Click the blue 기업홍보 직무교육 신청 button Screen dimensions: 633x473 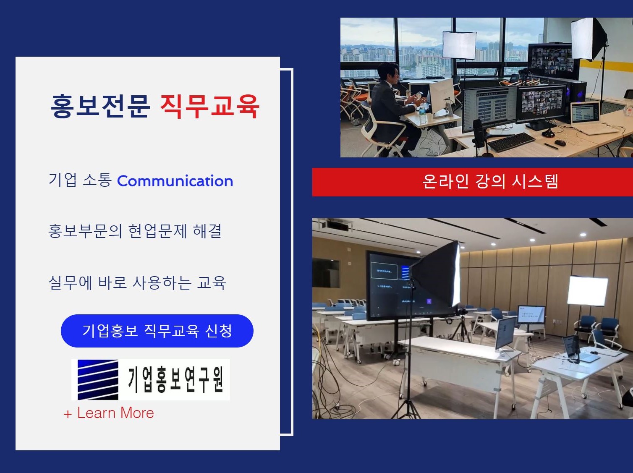click(157, 331)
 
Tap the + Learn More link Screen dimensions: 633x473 click(109, 413)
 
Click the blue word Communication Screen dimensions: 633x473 click(175, 181)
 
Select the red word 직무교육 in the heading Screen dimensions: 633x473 click(209, 106)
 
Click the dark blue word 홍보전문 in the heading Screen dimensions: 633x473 click(100, 106)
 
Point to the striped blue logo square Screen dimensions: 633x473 click(98, 379)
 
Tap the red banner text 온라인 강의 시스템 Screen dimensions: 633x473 click(490, 181)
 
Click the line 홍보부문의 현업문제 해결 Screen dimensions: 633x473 click(135, 231)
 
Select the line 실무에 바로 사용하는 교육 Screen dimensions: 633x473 click(137, 282)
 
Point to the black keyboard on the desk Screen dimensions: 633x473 click(511, 142)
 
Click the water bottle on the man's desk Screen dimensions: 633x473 click(422, 114)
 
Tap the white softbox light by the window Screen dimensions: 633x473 click(459, 45)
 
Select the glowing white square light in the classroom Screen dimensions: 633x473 click(587, 290)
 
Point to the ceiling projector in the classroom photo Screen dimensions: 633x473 click(335, 225)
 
